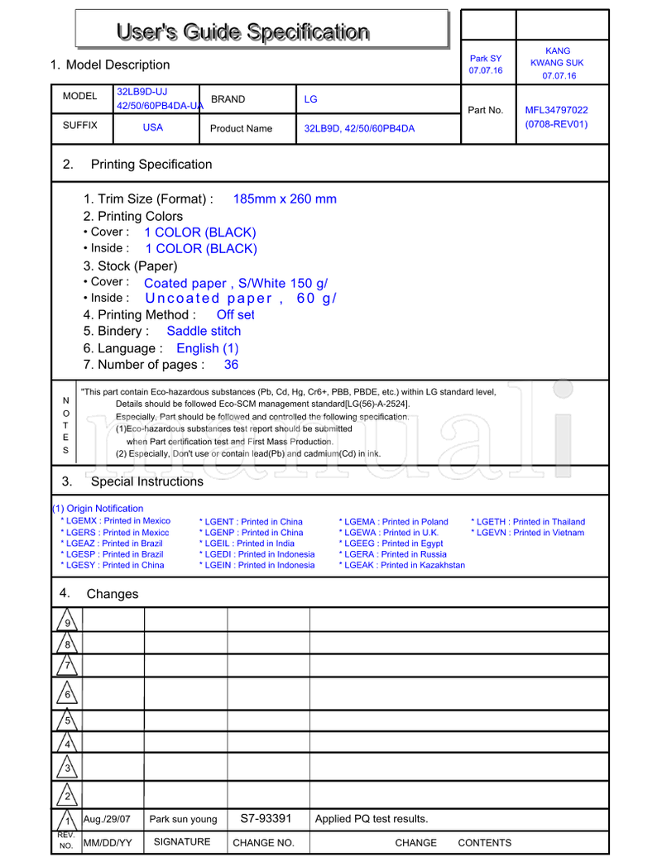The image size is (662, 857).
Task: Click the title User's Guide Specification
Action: point(242,32)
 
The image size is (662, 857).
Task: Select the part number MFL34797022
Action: point(556,109)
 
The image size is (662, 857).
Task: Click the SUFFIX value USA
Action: point(153,127)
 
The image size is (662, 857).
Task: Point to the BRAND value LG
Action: point(310,99)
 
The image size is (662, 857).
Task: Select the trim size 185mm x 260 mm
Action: point(285,199)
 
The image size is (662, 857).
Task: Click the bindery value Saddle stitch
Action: point(204,331)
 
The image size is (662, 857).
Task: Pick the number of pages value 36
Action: point(231,364)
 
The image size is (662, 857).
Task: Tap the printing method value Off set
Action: point(235,314)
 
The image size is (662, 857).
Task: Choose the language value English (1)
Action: point(207,348)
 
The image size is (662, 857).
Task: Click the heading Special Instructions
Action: point(146,481)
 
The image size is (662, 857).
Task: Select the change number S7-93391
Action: point(266,818)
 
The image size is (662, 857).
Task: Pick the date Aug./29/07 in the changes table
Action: point(108,819)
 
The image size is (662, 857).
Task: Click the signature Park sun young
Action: point(183,819)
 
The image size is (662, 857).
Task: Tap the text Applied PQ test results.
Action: point(372,819)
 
